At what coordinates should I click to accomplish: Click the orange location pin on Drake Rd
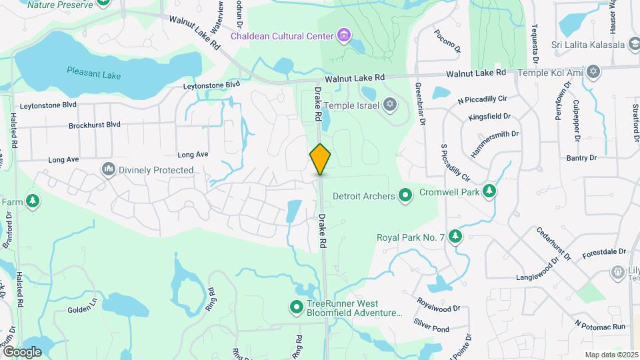click(320, 159)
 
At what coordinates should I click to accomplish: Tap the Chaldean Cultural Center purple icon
click(344, 35)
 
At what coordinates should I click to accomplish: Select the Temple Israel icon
click(390, 105)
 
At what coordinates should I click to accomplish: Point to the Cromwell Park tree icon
click(490, 192)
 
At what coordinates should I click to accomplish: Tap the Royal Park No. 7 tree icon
click(455, 236)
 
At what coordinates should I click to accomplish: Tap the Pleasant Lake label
click(94, 73)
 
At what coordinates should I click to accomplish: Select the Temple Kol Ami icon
click(593, 71)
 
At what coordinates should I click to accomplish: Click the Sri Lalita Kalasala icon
click(634, 45)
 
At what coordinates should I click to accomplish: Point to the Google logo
click(21, 351)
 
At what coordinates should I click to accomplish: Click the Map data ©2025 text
click(611, 355)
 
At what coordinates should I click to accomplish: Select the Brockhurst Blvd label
click(94, 125)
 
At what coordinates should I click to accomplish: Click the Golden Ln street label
click(83, 310)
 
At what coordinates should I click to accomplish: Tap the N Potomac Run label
click(601, 325)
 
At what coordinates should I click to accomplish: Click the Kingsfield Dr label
click(489, 117)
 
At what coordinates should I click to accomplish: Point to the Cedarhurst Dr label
click(554, 243)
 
